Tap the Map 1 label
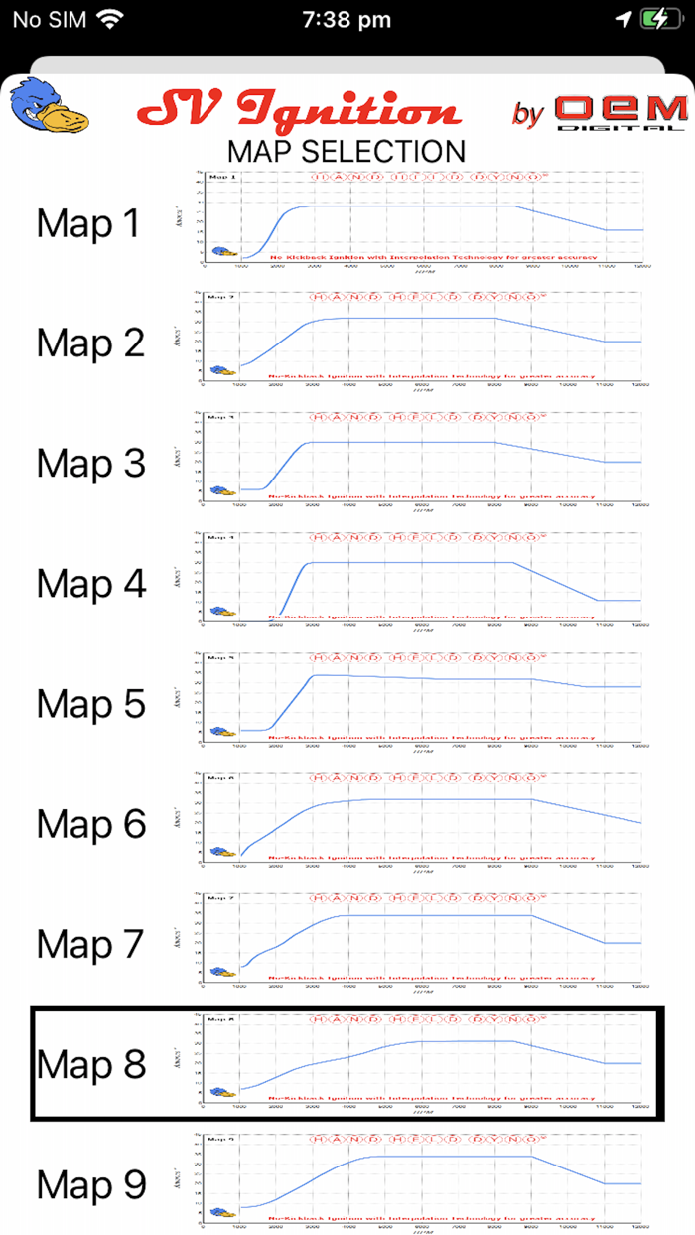90,224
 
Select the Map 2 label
90,343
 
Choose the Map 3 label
90,464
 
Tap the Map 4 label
90,584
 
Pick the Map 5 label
90,704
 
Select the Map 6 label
90,824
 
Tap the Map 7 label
90,944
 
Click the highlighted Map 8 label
90,1064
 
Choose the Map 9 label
90,1184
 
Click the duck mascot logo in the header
49,107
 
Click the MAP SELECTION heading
347,151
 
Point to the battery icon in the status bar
659,19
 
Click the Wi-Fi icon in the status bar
110,19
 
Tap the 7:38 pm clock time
347,19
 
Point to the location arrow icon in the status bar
623,19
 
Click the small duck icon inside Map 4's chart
221,612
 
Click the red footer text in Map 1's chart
433,257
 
